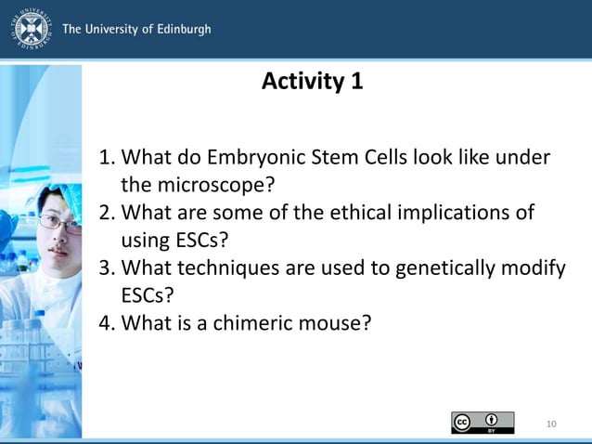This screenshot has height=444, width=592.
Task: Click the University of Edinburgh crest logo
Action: click(30, 29)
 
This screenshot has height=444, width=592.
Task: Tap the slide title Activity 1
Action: click(312, 82)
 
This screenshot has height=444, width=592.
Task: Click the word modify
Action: click(536, 268)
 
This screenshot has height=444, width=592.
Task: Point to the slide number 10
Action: click(551, 424)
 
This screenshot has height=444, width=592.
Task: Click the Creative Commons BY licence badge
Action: click(483, 423)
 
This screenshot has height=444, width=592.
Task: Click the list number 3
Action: click(106, 268)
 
